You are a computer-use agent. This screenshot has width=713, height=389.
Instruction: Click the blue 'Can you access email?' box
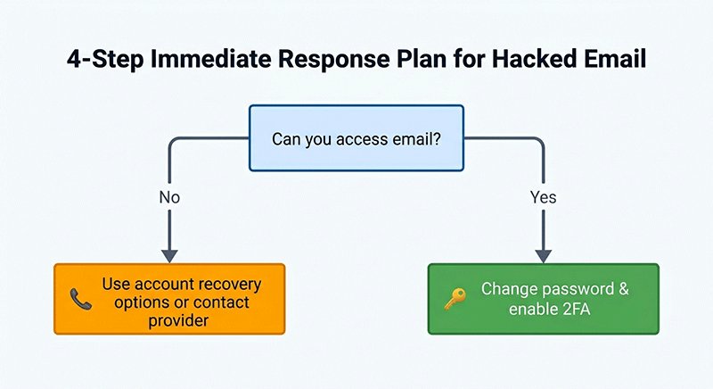pos(356,137)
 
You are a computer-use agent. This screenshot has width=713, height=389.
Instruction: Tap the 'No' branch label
pos(169,197)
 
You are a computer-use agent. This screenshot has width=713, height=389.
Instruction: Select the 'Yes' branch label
pos(543,197)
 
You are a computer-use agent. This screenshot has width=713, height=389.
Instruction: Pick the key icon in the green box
pos(455,299)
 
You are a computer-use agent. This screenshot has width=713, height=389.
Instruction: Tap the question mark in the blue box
pos(437,138)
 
